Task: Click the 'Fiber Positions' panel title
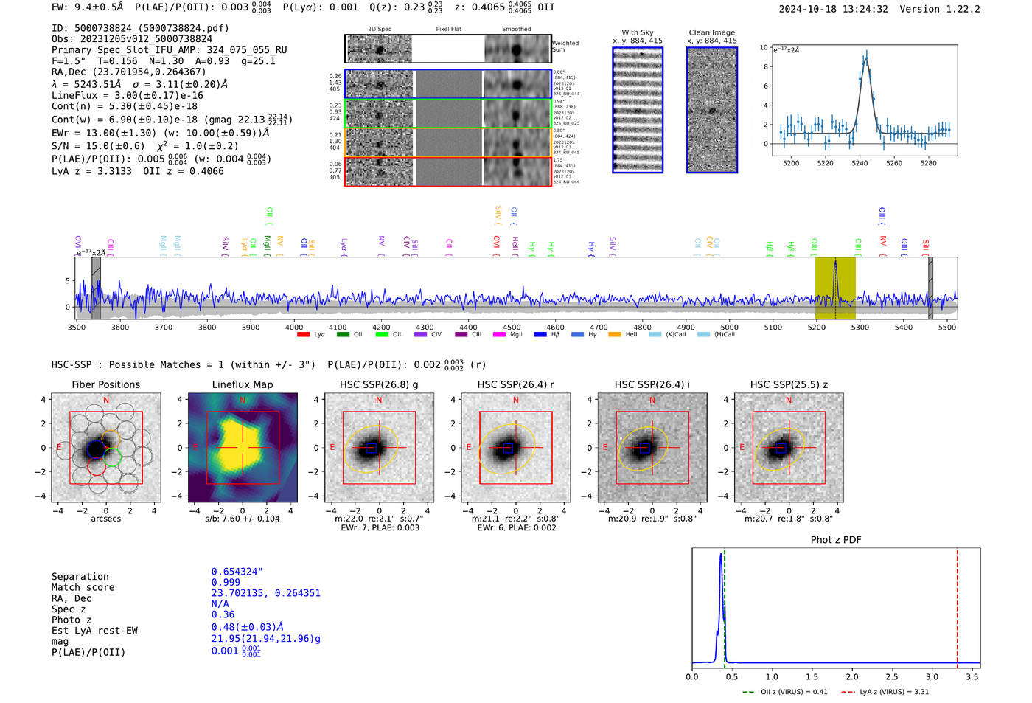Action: pos(105,384)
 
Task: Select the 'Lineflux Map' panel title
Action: pos(242,384)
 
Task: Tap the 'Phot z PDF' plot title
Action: pos(836,540)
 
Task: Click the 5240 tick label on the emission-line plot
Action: pos(860,163)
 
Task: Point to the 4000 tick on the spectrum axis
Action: pos(294,327)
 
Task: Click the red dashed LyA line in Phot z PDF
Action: pos(957,605)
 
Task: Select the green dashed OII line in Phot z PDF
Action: pos(725,605)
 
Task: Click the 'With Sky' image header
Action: pos(638,32)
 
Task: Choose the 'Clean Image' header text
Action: pos(711,32)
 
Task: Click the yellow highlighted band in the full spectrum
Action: pos(835,288)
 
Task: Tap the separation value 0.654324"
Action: pos(237,572)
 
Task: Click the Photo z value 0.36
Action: pos(223,614)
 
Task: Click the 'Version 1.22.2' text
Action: pos(940,9)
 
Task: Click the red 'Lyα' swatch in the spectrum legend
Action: pos(303,335)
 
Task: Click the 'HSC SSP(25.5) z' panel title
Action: pos(789,384)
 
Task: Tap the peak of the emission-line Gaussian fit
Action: pos(866,58)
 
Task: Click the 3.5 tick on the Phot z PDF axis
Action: pos(972,676)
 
